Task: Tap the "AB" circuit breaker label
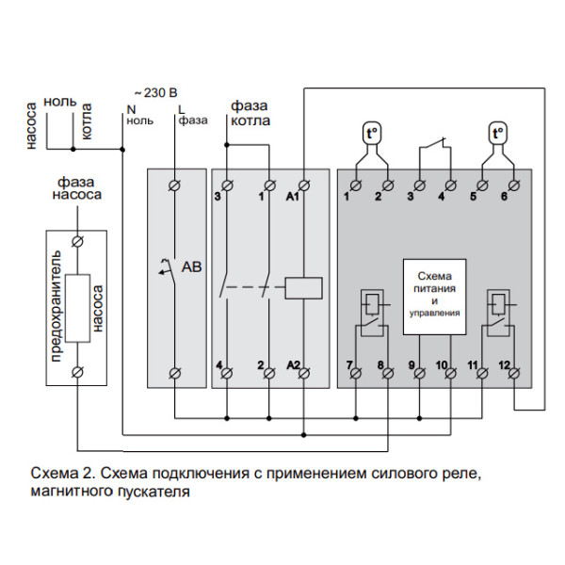191,267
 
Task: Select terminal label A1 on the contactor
293,198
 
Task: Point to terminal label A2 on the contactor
293,364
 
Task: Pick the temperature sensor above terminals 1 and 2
371,135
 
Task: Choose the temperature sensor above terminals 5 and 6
497,135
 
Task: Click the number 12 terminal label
505,364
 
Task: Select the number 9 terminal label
412,364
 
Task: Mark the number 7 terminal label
348,364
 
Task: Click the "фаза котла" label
249,114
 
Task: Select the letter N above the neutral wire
132,109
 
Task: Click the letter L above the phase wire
182,109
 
